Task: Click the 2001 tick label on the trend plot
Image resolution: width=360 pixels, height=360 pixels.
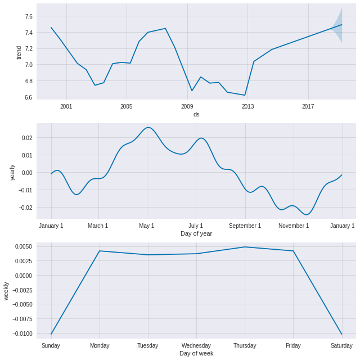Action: [66, 106]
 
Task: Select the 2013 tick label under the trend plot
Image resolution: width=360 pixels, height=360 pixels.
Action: [248, 106]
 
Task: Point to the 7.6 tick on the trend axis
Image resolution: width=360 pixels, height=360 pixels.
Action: [28, 16]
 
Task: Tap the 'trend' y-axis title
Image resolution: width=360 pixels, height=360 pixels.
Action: [19, 52]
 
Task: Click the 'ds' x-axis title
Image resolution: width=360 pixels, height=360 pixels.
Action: [196, 114]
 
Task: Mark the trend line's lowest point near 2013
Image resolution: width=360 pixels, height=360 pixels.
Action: [245, 95]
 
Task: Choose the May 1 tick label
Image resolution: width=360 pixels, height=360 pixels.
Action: [147, 226]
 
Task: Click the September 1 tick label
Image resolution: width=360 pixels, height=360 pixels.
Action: [245, 226]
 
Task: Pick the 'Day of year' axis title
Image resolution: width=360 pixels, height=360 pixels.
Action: [196, 233]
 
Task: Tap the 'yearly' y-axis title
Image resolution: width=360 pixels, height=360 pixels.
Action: [12, 172]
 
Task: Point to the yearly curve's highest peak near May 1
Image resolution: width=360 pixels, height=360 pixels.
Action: [148, 127]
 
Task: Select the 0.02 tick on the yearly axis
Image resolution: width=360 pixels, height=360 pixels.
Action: [28, 138]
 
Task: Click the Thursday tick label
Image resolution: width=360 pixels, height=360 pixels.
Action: [245, 345]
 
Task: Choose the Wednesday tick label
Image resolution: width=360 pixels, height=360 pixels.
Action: [196, 345]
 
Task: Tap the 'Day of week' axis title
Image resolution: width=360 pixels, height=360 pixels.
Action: [196, 353]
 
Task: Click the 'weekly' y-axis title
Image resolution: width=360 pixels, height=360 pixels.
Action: [6, 291]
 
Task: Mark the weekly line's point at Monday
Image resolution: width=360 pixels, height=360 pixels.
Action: [100, 251]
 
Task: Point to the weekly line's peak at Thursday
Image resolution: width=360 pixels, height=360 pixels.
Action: [245, 247]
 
